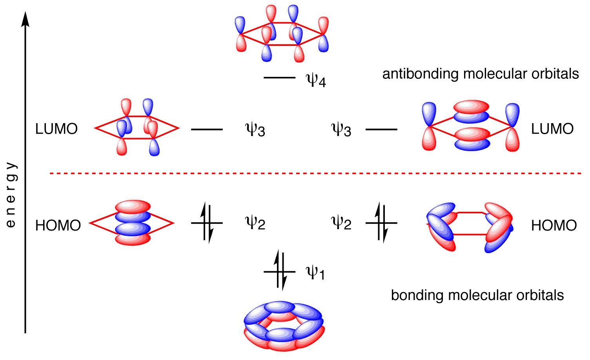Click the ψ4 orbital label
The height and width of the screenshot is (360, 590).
[316, 80]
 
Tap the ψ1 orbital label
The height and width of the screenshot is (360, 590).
[315, 273]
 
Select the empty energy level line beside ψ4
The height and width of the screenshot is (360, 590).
[279, 78]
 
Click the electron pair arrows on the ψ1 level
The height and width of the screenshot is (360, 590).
[280, 270]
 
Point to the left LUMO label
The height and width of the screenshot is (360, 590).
[56, 129]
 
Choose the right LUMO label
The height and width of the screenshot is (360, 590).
[552, 129]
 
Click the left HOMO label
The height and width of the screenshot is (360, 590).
[58, 226]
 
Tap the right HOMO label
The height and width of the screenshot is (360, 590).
[554, 226]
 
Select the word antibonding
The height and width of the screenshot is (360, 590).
[421, 74]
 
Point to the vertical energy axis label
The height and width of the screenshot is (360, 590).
[11, 195]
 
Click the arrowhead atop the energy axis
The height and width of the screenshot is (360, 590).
[25, 19]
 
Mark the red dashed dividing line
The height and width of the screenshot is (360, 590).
[315, 174]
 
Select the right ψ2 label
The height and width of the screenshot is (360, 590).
[341, 223]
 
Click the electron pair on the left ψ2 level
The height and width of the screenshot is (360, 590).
[207, 223]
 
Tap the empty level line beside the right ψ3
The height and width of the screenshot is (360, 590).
[381, 129]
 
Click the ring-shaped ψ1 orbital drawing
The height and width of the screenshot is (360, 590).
[284, 326]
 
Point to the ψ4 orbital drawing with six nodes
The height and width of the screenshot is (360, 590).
[281, 33]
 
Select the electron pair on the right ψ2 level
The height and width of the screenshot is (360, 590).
[381, 223]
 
